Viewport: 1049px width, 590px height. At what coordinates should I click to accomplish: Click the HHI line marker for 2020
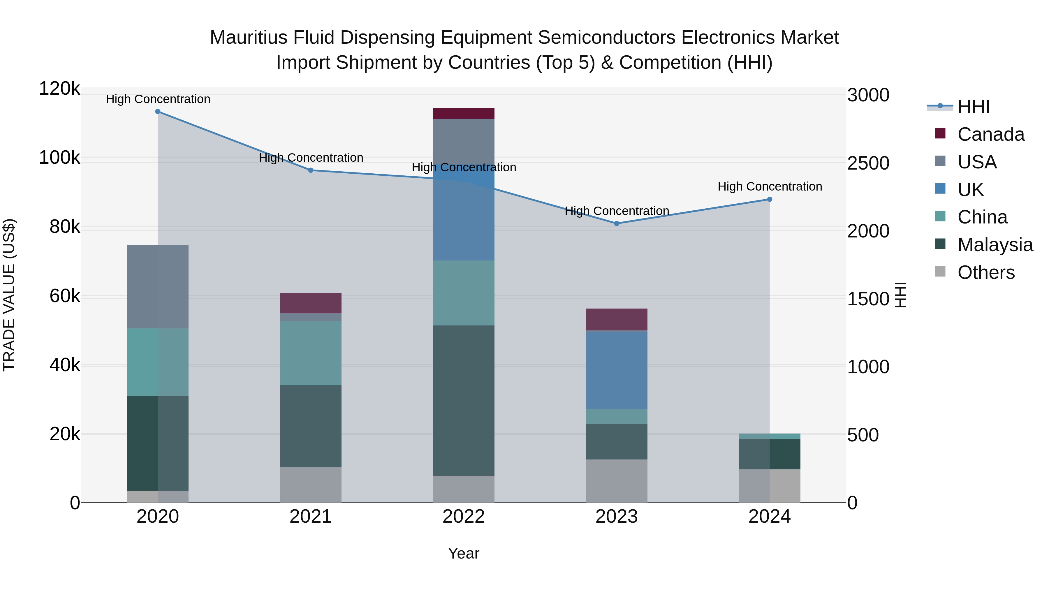pyautogui.click(x=158, y=112)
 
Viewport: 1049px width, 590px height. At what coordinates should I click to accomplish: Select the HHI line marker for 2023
pyautogui.click(x=617, y=223)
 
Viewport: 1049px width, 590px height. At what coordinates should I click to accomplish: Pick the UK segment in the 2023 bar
pyautogui.click(x=617, y=370)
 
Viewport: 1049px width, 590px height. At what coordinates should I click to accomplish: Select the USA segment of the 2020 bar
pyautogui.click(x=158, y=287)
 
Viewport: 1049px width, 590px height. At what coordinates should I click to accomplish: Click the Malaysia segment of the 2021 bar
pyautogui.click(x=311, y=426)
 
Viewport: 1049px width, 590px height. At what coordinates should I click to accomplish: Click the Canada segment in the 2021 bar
pyautogui.click(x=311, y=303)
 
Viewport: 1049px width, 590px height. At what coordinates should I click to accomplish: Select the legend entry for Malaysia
pyautogui.click(x=995, y=245)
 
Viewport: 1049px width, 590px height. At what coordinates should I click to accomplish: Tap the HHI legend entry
pyautogui.click(x=973, y=107)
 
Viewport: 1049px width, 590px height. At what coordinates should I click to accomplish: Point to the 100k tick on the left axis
pyautogui.click(x=59, y=158)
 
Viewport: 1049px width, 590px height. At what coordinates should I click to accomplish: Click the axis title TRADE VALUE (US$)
pyautogui.click(x=9, y=295)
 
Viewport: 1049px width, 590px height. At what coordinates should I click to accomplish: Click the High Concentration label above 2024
pyautogui.click(x=770, y=186)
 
